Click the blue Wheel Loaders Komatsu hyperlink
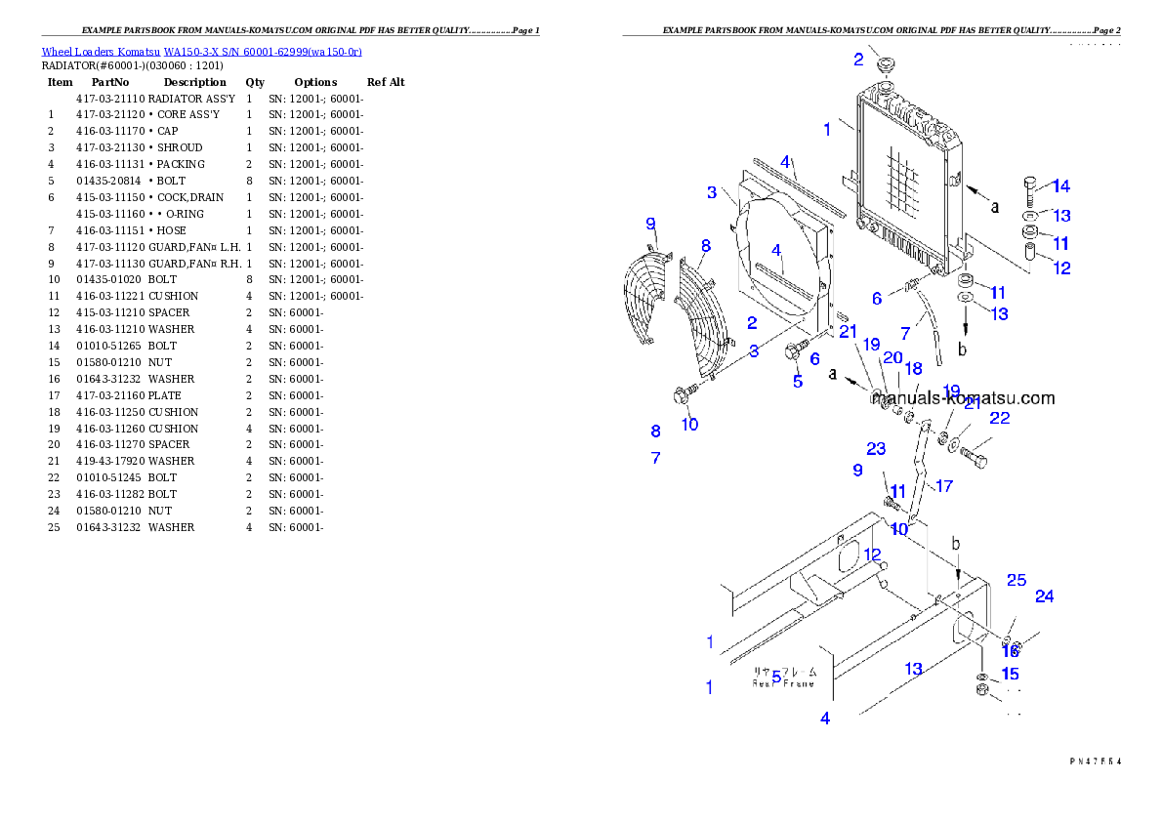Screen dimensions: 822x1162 [201, 51]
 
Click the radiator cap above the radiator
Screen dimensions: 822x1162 [888, 66]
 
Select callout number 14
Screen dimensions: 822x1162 [1060, 186]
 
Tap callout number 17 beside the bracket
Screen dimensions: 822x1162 [943, 486]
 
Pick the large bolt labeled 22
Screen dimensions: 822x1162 [974, 454]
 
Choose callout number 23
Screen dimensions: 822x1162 [876, 449]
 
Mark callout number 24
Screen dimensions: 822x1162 [1045, 596]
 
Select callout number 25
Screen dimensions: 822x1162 [1017, 580]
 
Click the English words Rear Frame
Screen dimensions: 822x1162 [783, 683]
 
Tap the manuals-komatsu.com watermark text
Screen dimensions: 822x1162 [963, 398]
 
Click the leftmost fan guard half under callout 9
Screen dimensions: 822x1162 [645, 298]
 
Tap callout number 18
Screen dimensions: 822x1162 [913, 369]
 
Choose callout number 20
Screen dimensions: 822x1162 [892, 358]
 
